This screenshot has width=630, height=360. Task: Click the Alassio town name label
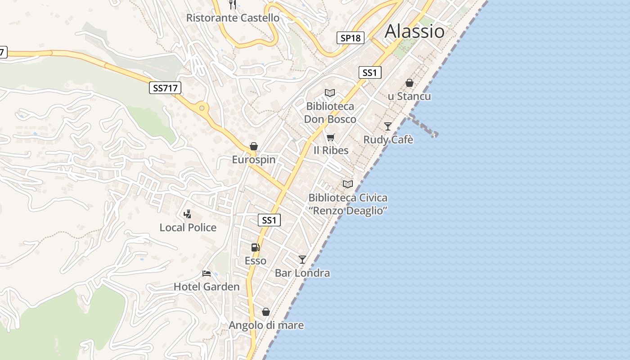click(x=414, y=31)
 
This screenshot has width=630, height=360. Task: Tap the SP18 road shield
click(x=351, y=38)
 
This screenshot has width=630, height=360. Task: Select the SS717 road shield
click(x=165, y=88)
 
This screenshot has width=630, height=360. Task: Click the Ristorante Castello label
click(x=233, y=18)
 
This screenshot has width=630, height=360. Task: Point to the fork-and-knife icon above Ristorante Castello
click(x=233, y=4)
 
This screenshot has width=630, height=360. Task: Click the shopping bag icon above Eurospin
click(x=254, y=146)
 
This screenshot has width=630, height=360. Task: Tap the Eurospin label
click(x=254, y=160)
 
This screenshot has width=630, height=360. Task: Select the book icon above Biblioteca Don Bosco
click(x=330, y=93)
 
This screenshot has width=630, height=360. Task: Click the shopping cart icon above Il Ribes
click(x=331, y=137)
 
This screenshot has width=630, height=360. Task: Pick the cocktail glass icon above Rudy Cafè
click(x=388, y=126)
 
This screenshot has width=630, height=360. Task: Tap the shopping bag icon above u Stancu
click(x=409, y=83)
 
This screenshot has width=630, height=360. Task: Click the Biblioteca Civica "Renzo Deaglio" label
click(x=347, y=204)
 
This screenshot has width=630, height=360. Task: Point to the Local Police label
click(x=188, y=228)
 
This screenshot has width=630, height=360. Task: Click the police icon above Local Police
click(x=188, y=214)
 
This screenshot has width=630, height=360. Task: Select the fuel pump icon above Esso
click(x=255, y=247)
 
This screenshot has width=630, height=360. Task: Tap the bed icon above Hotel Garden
click(x=207, y=273)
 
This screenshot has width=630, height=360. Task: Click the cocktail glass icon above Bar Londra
click(x=302, y=260)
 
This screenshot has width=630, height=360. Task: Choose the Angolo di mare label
click(x=266, y=325)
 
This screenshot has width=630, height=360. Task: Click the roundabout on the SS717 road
click(x=202, y=108)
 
